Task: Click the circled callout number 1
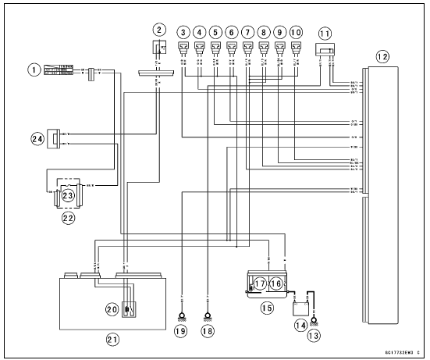(x=33, y=70)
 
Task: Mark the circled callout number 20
(x=112, y=308)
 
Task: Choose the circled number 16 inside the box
(x=277, y=282)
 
